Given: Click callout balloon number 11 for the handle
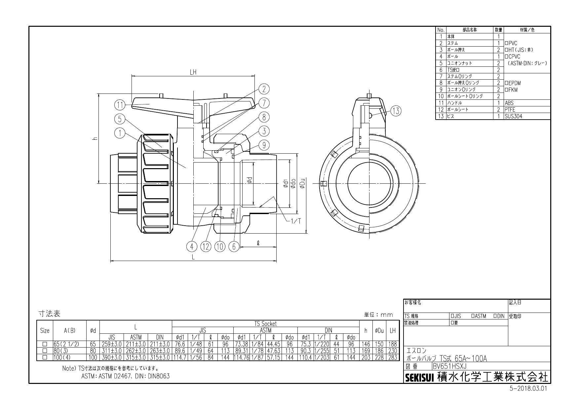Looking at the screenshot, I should click(120, 105).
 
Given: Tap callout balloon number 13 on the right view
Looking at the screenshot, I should click(396, 111).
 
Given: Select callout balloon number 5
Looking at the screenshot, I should click(120, 119).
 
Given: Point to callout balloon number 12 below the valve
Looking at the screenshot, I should click(206, 246).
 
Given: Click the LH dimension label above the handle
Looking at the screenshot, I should click(193, 73).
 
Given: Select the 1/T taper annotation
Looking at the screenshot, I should click(295, 221).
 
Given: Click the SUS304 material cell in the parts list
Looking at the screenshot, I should click(513, 116).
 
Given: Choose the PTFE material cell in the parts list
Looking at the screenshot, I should click(510, 110).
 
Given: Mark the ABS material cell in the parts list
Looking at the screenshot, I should click(509, 103).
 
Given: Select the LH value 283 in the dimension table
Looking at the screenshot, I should click(393, 357).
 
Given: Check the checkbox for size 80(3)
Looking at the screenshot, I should click(45, 351).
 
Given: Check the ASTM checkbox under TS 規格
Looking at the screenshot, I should click(473, 316).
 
